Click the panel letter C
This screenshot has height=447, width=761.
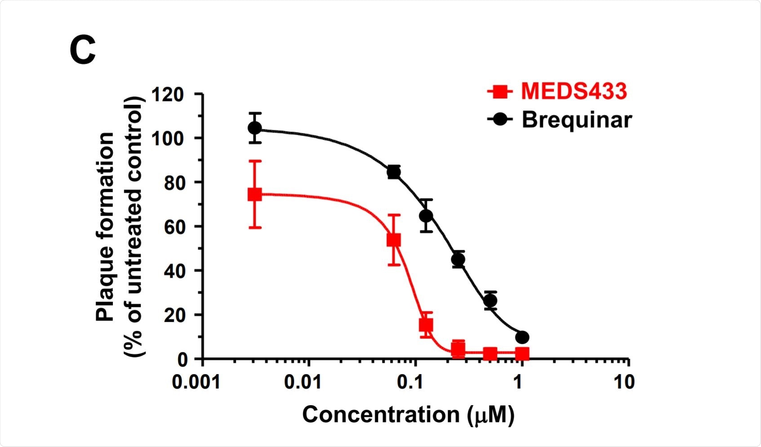coord(83,50)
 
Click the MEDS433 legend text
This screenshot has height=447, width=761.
coord(574,91)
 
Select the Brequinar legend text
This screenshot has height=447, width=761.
coord(577,119)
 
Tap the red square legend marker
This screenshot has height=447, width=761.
coord(499,92)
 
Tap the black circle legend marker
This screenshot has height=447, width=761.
coord(499,119)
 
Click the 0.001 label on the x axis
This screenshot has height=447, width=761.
coord(196,382)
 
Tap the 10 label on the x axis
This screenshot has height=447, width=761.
coord(624,382)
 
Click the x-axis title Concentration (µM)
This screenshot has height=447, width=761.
coord(408,415)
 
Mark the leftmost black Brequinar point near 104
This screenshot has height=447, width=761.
coord(255,128)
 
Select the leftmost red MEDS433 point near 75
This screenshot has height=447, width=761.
coord(255,195)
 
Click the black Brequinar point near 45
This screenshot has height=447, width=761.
coord(458,259)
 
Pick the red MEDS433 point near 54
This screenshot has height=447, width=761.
coord(394,240)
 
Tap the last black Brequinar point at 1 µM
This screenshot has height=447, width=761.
coord(522,337)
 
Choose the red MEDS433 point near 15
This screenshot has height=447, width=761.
coord(426,324)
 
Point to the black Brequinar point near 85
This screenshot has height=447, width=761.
coord(394,172)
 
